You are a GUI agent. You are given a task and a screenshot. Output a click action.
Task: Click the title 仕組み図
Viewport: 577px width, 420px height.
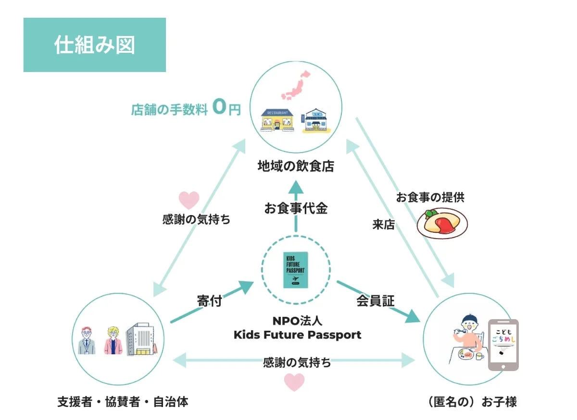[x=94, y=45]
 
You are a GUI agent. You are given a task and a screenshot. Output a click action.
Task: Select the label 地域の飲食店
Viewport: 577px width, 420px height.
[x=296, y=167]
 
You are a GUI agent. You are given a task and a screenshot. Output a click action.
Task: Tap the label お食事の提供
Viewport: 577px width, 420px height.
[x=430, y=197]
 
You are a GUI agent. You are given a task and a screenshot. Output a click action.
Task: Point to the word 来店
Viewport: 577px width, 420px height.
[x=384, y=224]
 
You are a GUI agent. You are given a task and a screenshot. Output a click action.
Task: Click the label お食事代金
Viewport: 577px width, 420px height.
[x=296, y=208]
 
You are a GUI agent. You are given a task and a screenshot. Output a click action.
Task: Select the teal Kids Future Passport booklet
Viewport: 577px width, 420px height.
[x=296, y=270]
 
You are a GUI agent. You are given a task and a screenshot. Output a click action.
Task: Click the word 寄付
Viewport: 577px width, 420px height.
[x=209, y=301]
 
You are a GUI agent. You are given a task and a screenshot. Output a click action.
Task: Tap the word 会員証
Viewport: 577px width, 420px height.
[x=375, y=301]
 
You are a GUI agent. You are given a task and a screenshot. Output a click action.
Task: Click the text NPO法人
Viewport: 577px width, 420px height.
[x=297, y=320]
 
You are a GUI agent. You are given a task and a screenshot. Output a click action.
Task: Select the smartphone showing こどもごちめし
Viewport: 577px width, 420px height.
[x=503, y=345]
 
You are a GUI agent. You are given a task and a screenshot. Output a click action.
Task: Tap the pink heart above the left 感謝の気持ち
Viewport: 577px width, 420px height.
[x=188, y=200]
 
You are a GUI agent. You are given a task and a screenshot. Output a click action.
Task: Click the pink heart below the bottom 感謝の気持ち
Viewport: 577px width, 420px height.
[x=294, y=382]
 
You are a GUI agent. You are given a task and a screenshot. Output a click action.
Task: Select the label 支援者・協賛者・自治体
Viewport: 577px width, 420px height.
[x=123, y=402]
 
